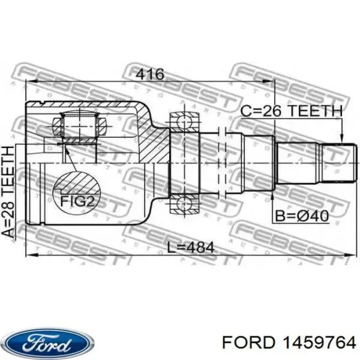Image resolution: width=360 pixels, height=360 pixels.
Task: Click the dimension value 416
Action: (x=150, y=74)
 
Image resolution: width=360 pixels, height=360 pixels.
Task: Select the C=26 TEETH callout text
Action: (x=291, y=110)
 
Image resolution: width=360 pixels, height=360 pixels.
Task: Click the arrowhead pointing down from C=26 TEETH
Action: (x=342, y=139)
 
